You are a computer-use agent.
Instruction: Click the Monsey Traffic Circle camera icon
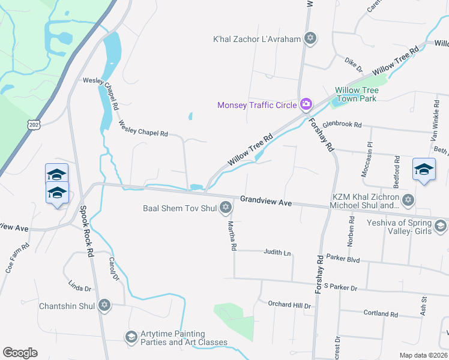(x=306, y=105)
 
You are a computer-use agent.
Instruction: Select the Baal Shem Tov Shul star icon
(x=226, y=208)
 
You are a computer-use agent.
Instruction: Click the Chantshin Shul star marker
(x=104, y=306)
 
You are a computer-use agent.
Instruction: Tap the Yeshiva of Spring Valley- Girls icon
(x=440, y=226)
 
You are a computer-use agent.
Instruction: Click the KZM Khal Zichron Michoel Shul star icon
(x=408, y=200)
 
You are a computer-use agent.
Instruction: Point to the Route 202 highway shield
(x=31, y=124)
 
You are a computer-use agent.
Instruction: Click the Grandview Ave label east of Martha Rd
(x=266, y=201)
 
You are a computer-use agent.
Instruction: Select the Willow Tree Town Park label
(x=357, y=94)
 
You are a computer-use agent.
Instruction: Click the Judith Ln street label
(x=277, y=253)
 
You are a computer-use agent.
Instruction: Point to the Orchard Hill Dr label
(x=289, y=305)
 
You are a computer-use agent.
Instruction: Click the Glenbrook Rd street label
(x=342, y=125)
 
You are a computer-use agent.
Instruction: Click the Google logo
(x=20, y=353)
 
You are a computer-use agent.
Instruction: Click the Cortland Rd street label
(x=381, y=314)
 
